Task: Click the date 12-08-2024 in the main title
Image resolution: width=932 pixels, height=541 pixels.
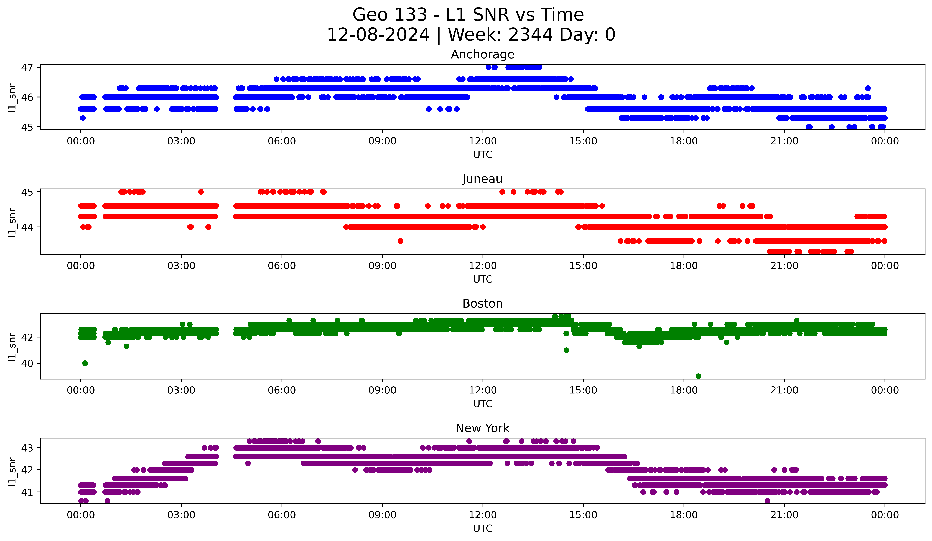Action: (378, 35)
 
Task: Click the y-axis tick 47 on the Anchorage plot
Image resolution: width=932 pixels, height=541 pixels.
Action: (27, 67)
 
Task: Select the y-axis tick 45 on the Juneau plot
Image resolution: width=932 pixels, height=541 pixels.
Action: (27, 192)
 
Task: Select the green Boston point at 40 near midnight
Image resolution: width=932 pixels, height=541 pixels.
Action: (85, 363)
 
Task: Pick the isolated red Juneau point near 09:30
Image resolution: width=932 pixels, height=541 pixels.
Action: (400, 241)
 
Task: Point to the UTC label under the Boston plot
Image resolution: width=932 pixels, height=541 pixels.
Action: (483, 404)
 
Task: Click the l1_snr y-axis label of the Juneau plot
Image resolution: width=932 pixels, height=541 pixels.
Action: (12, 222)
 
